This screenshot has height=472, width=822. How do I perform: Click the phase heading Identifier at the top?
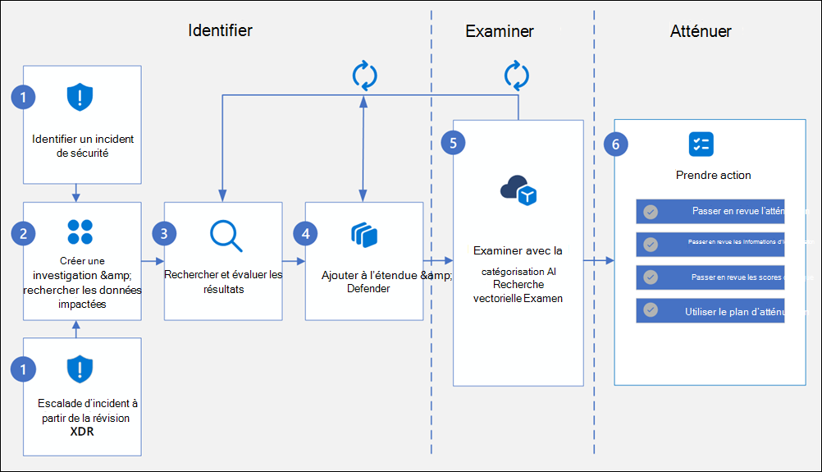pos(220,30)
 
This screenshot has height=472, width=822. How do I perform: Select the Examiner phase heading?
pos(500,31)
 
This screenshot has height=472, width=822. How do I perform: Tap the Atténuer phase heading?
pos(700,31)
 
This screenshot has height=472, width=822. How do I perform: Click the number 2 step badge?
pos(23,233)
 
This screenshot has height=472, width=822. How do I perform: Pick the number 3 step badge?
pos(164,233)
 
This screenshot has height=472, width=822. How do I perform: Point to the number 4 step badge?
pos(306,233)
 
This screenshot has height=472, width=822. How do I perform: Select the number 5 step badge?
pos(453,142)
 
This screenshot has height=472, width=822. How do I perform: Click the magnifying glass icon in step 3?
pos(226,235)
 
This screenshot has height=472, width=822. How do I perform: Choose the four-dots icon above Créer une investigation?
pos(80,231)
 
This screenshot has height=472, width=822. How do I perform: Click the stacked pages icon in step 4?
pos(363,235)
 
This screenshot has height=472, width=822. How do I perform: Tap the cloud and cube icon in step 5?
pos(518,191)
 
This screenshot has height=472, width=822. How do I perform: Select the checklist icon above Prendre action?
pos(701,144)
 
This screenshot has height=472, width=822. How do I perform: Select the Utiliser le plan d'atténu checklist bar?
pos(710,311)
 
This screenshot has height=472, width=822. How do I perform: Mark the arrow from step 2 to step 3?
pos(153,260)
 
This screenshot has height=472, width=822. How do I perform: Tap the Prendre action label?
pos(713,175)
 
